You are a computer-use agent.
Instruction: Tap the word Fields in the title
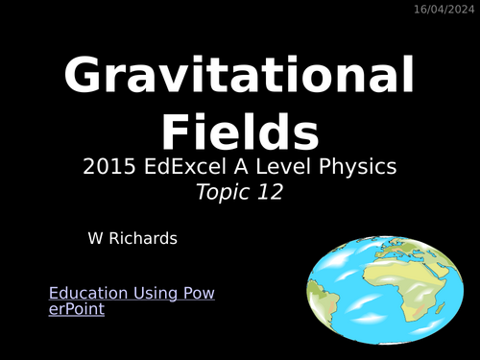tap(240, 130)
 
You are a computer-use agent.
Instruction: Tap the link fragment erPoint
tap(77, 309)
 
